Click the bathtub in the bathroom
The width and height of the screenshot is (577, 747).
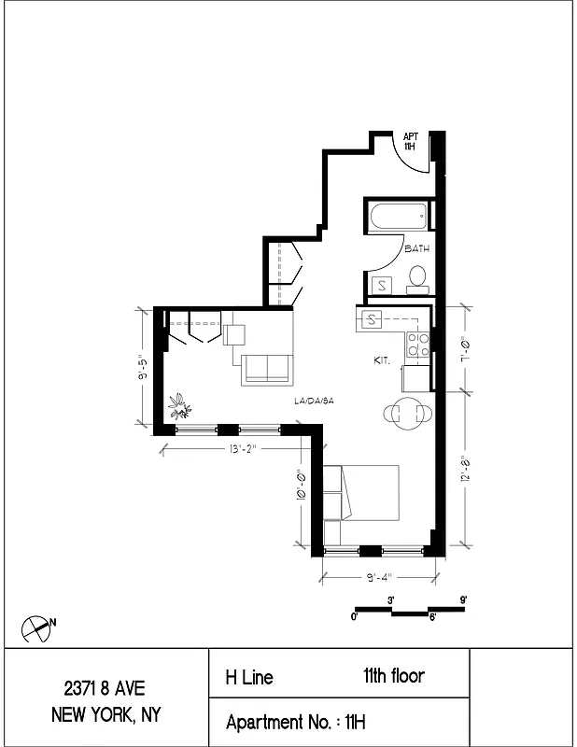399,218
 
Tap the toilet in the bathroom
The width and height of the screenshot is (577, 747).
417,277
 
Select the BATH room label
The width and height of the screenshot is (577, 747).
416,249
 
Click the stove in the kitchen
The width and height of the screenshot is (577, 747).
417,345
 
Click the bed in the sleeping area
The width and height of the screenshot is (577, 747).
364,492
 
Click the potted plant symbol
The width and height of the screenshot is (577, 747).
178,406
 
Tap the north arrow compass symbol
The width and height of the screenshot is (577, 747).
35,628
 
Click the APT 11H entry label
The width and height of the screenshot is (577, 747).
410,141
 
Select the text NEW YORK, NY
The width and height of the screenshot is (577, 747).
106,716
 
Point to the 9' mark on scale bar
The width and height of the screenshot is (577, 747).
463,599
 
